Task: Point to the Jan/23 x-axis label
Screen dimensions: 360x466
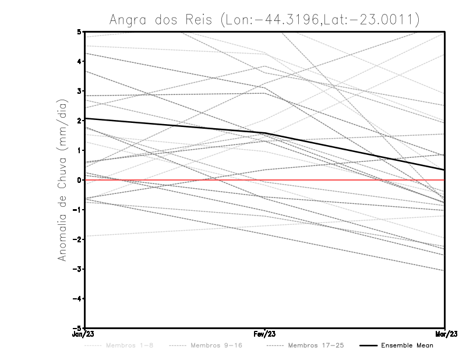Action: (x=84, y=334)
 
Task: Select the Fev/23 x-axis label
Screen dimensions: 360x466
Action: (x=265, y=334)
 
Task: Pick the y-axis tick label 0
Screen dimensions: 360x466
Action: (x=79, y=180)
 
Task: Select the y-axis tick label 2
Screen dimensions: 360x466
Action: (x=79, y=121)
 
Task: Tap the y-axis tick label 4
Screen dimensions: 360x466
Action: (x=79, y=61)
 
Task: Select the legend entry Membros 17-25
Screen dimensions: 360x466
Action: (x=315, y=345)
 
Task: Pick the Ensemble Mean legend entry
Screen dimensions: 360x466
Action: (x=407, y=345)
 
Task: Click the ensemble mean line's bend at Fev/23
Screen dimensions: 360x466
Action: (x=265, y=133)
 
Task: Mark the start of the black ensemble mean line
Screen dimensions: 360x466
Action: (x=86, y=118)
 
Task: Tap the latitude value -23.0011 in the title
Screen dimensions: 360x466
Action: (x=379, y=20)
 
